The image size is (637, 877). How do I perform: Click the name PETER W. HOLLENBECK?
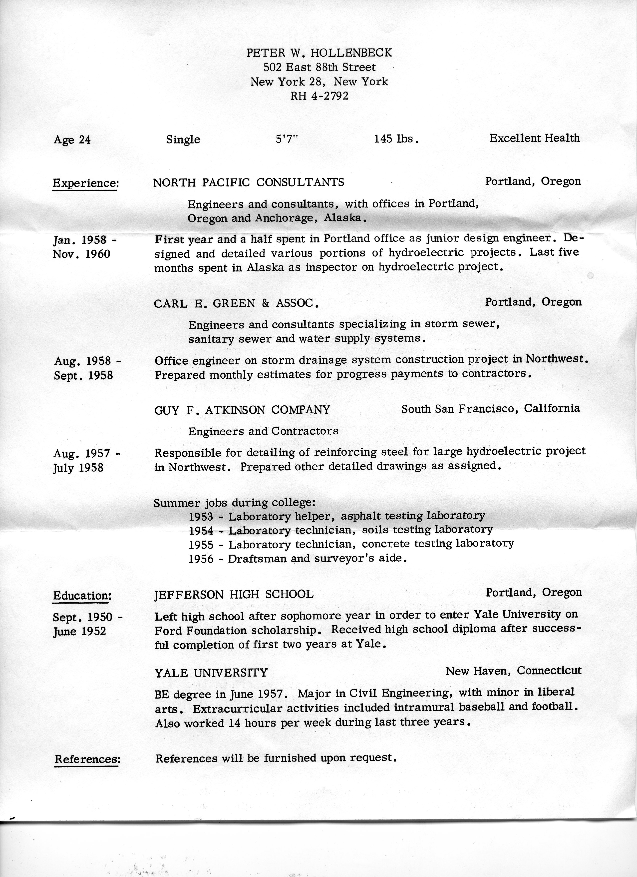point(319,52)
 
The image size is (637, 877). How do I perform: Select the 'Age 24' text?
point(72,140)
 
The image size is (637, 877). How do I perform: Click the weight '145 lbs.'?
point(396,139)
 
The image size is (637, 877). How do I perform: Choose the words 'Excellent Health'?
point(535,138)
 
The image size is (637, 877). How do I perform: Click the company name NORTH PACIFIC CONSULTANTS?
point(249,182)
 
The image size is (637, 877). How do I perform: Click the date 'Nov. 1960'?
point(81,254)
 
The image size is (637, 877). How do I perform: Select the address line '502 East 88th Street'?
point(319,67)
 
